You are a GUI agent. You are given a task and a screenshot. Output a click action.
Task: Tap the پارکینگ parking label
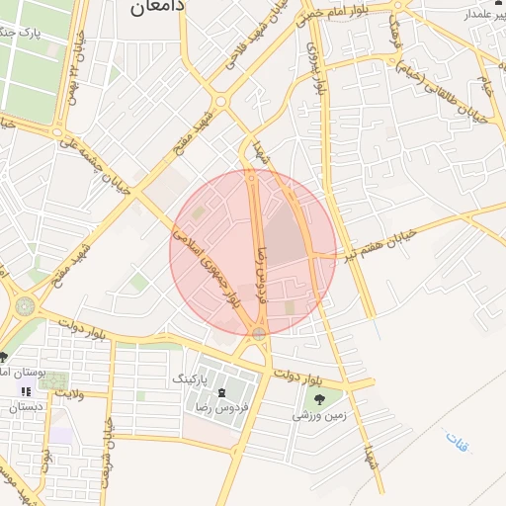[191, 379]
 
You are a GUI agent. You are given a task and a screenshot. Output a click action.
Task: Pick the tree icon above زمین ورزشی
[319, 397]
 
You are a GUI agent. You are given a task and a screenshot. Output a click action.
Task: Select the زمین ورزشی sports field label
[318, 416]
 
